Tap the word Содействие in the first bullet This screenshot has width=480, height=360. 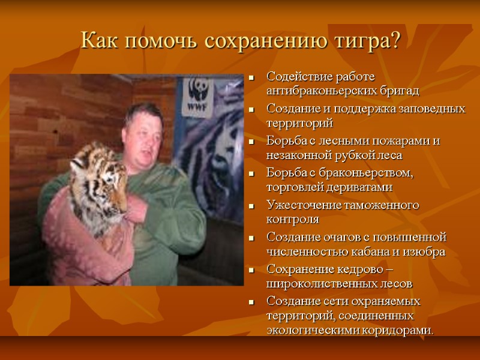tap(298, 77)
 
